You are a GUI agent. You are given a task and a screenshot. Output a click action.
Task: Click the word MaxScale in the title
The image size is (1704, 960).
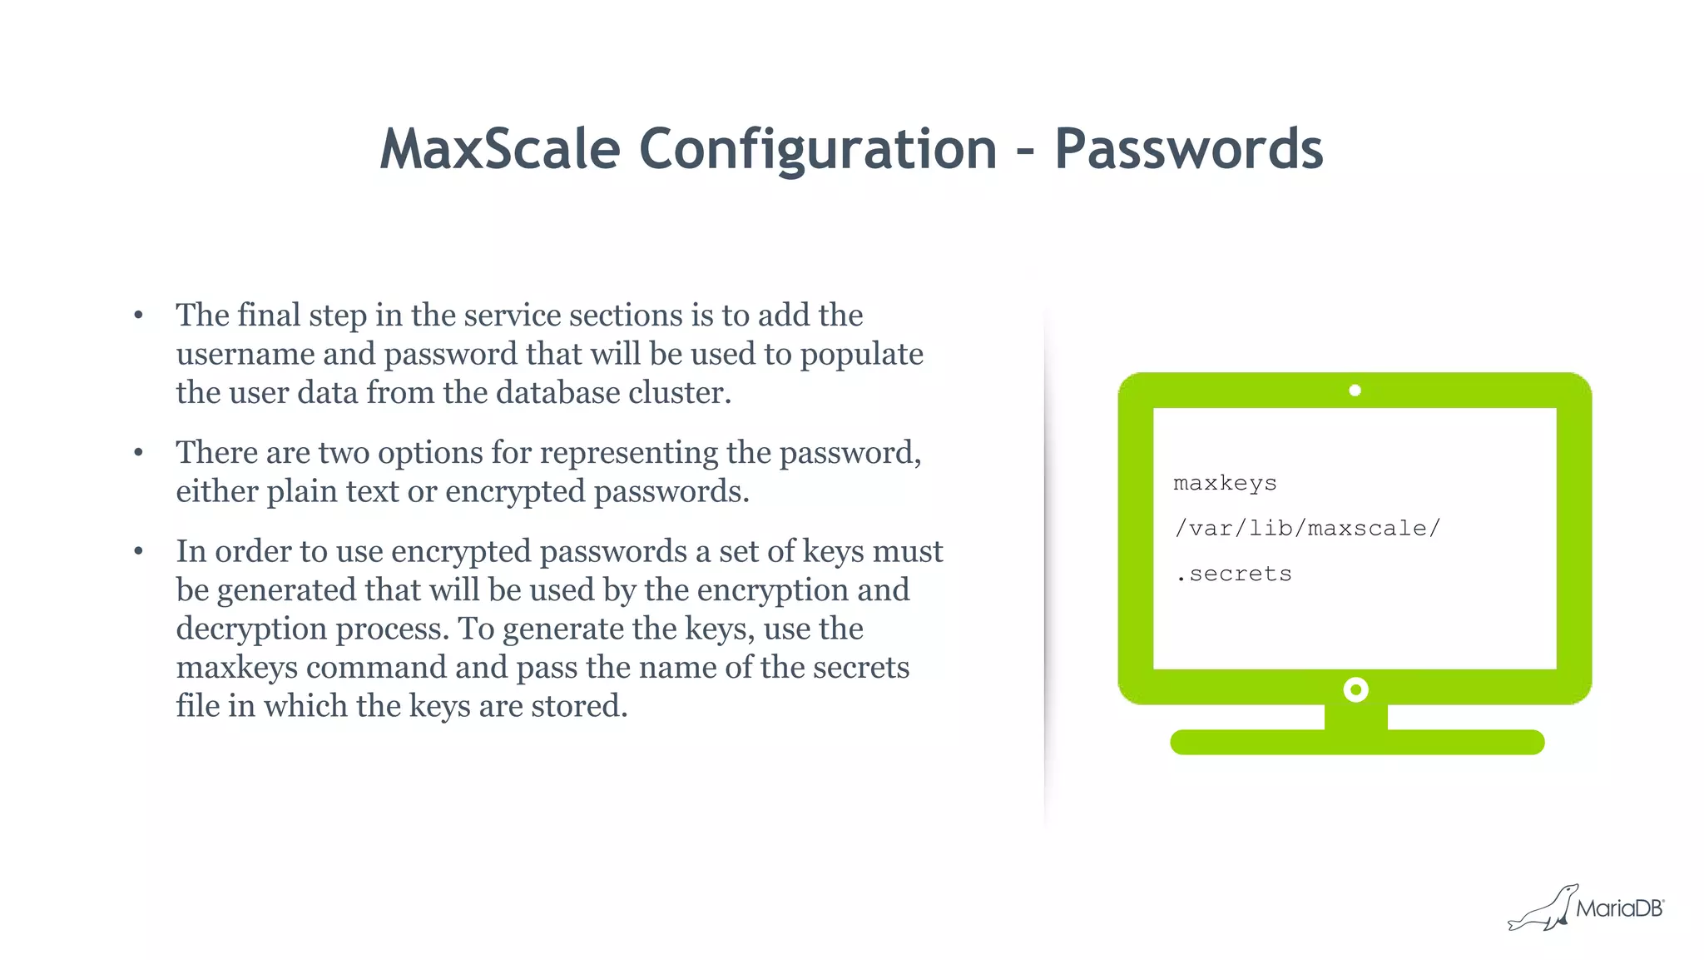tap(500, 150)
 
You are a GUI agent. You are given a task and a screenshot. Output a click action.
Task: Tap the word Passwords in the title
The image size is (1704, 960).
tap(1188, 150)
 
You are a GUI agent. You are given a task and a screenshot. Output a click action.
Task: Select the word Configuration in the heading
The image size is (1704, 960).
tap(818, 150)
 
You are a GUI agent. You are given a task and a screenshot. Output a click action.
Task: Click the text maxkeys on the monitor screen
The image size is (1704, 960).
tap(1224, 484)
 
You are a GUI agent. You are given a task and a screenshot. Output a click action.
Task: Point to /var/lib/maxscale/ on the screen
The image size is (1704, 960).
tap(1306, 529)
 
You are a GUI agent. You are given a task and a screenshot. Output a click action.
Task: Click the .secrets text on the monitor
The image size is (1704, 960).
tap(1234, 575)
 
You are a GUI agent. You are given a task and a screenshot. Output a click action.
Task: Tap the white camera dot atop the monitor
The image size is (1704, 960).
tap(1355, 390)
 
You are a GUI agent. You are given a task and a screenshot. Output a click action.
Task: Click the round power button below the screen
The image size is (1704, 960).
tap(1355, 689)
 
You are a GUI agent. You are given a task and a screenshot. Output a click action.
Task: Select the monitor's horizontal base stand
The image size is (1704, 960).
tap(1357, 742)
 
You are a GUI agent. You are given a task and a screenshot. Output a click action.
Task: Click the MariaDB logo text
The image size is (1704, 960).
tap(1618, 908)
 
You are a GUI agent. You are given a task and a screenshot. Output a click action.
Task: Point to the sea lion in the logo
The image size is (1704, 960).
tap(1543, 910)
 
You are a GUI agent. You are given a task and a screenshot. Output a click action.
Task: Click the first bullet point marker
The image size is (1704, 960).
tap(139, 316)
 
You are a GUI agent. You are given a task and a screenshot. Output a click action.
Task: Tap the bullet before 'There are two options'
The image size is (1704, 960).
tap(139, 453)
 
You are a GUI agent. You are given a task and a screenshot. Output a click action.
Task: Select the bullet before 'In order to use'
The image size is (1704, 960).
tap(139, 551)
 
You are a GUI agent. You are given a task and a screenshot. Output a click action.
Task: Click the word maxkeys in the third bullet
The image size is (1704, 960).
tap(236, 668)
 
